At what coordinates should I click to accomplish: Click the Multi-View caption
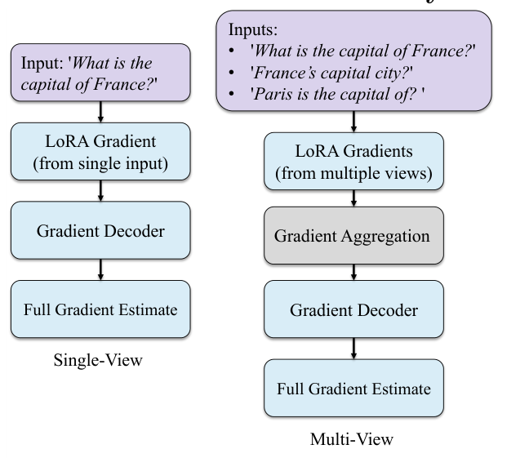pyautogui.click(x=353, y=439)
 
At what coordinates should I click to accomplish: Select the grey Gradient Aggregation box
pyautogui.click(x=352, y=236)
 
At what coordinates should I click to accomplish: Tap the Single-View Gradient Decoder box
pyautogui.click(x=100, y=230)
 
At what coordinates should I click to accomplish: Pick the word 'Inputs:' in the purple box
pyautogui.click(x=252, y=30)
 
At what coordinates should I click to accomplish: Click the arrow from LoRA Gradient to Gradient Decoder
pyautogui.click(x=100, y=191)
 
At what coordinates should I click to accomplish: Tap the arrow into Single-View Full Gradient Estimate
pyautogui.click(x=100, y=269)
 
